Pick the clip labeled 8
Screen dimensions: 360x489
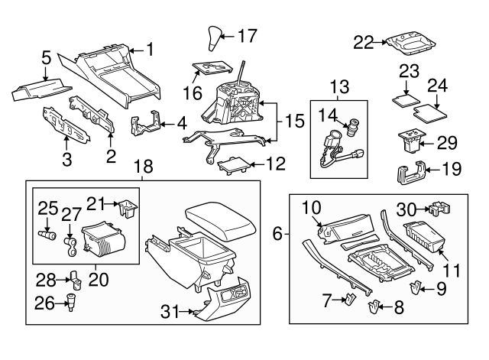374,309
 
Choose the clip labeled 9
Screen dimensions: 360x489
416,289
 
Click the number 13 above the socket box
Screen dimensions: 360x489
338,85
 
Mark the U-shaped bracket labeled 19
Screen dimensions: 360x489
411,174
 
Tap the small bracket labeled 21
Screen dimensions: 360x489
128,206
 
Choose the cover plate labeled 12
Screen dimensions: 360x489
234,164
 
